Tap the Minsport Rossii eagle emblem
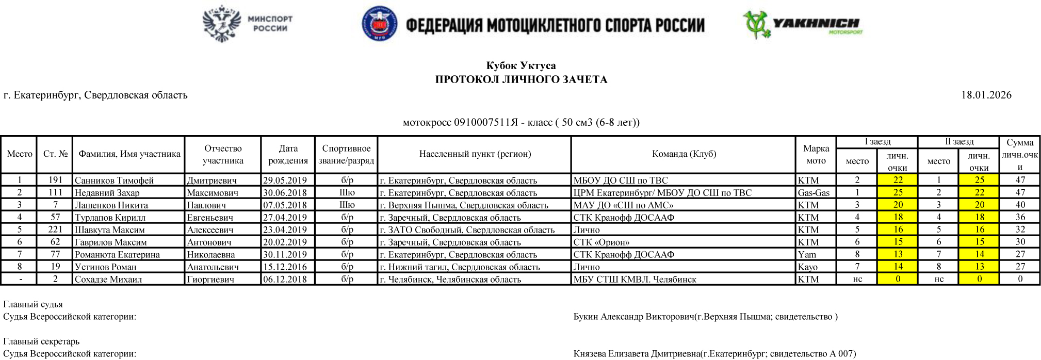pyautogui.click(x=222, y=24)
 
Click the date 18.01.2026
pyautogui.click(x=986, y=95)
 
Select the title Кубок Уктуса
pyautogui.click(x=520, y=66)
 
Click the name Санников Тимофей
pyautogui.click(x=114, y=181)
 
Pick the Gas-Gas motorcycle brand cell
pyautogui.click(x=814, y=193)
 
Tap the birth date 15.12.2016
pyautogui.click(x=285, y=267)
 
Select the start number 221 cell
pyautogui.click(x=55, y=230)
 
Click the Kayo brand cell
pyautogui.click(x=808, y=267)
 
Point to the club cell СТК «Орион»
pyautogui.click(x=601, y=242)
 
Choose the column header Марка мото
pyautogui.click(x=816, y=154)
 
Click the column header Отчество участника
pyautogui.click(x=223, y=154)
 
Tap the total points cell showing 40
pyautogui.click(x=1019, y=205)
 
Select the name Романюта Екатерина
pyautogui.click(x=117, y=255)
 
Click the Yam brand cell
pyautogui.click(x=807, y=255)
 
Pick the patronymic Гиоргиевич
pyautogui.click(x=210, y=280)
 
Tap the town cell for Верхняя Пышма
pyautogui.click(x=464, y=205)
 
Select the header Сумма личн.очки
pyautogui.click(x=1019, y=154)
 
